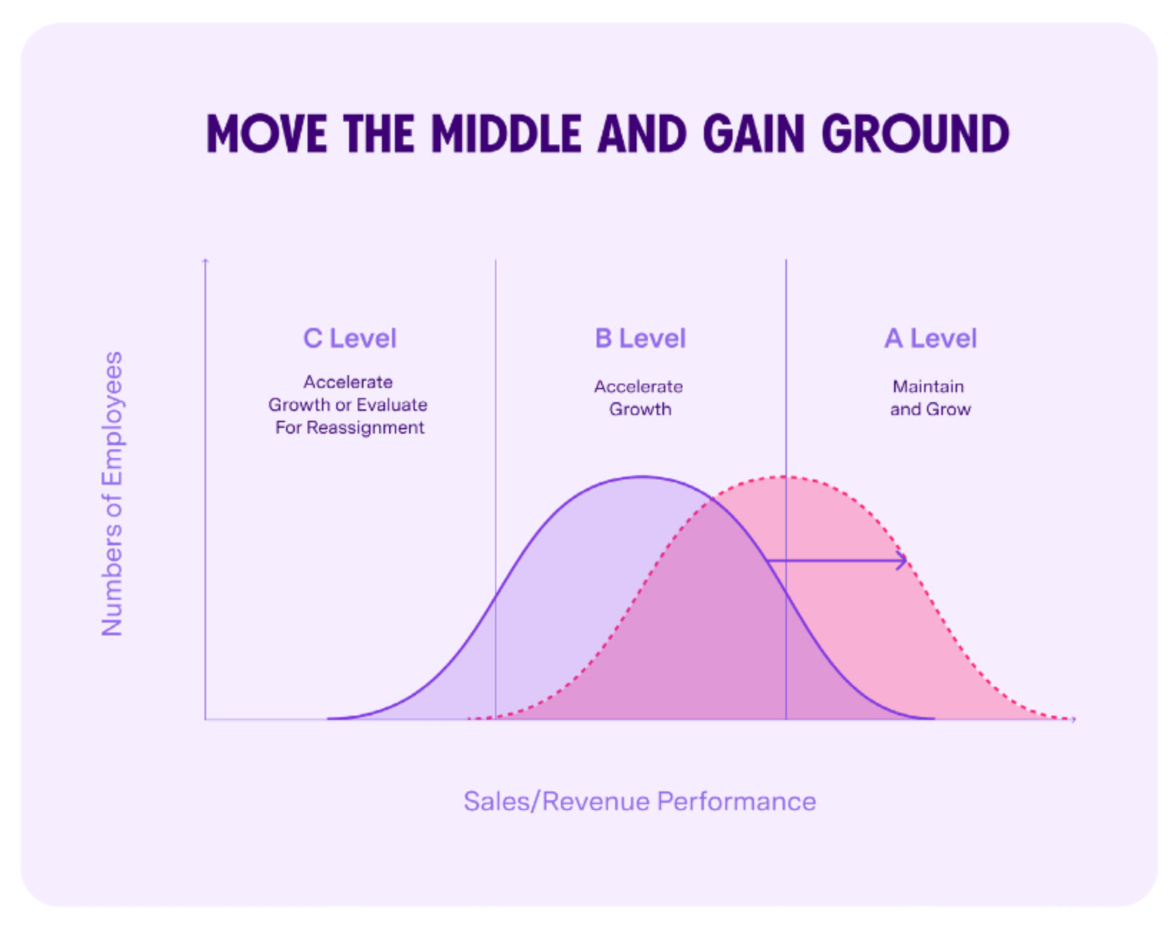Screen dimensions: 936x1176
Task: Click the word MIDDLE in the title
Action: (x=506, y=135)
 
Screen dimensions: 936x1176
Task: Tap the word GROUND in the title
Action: (x=915, y=135)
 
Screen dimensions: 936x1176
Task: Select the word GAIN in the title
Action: (x=753, y=135)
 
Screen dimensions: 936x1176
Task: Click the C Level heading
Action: (x=350, y=338)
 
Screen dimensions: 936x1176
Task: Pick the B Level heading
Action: (x=640, y=338)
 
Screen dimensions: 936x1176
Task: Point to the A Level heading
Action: (x=931, y=338)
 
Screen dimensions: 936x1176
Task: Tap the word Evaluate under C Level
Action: (x=391, y=405)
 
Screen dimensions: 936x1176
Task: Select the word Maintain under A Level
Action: (x=928, y=387)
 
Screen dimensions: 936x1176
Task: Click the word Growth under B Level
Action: (x=640, y=410)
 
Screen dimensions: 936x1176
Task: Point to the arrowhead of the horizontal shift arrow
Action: (x=905, y=561)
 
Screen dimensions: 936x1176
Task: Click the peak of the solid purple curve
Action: (x=642, y=477)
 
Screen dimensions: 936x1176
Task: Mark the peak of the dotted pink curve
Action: (x=785, y=477)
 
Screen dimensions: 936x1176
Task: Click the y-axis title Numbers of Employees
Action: (x=112, y=494)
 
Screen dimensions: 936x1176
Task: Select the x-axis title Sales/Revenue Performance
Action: (x=640, y=801)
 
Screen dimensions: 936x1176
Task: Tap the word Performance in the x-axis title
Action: (x=736, y=801)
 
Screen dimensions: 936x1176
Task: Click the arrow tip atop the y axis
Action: (x=206, y=260)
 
